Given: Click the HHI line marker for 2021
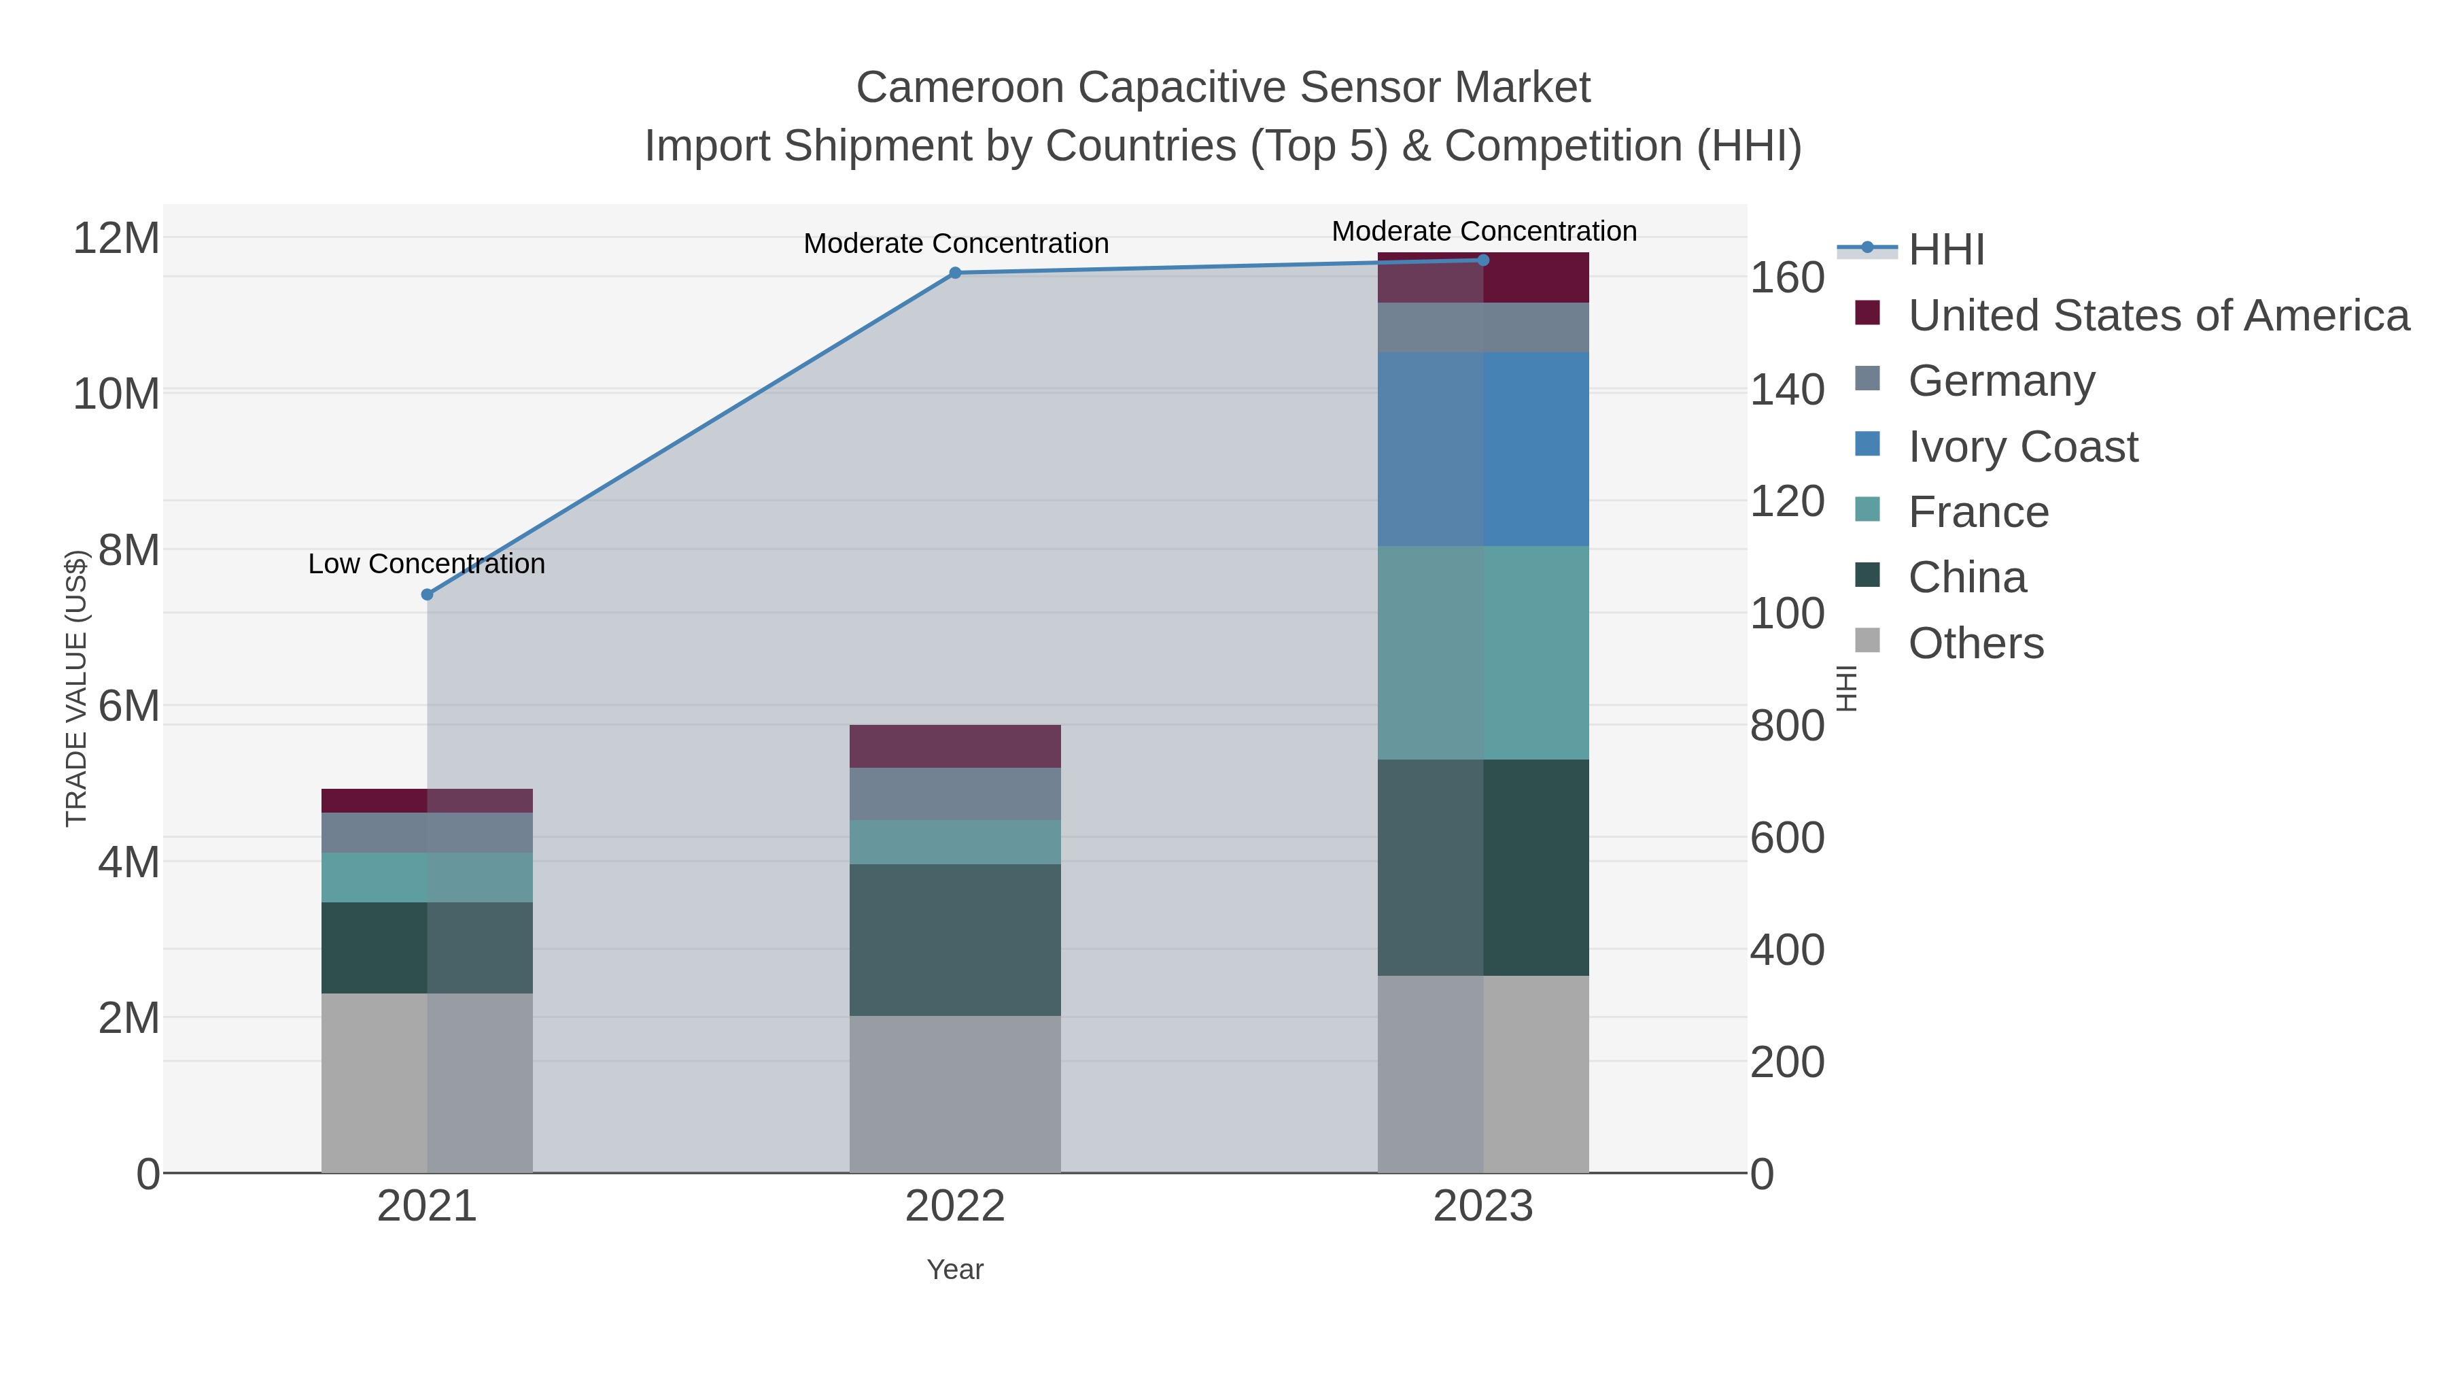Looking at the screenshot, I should [x=428, y=595].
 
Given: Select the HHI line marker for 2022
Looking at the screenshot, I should [x=956, y=273].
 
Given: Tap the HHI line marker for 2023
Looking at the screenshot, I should [x=1484, y=260].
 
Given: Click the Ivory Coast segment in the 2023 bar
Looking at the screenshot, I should [x=1484, y=449].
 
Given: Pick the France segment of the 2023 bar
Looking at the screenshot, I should [x=1484, y=653].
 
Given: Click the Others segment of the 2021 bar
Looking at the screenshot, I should [x=428, y=1083].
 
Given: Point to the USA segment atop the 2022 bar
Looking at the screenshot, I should [x=956, y=746].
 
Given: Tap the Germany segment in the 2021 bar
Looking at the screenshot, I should [x=428, y=832].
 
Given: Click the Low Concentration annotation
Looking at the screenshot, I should [x=428, y=564].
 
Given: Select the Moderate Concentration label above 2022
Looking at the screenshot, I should [x=956, y=244].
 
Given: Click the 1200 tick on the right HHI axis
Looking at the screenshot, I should [x=1788, y=502].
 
